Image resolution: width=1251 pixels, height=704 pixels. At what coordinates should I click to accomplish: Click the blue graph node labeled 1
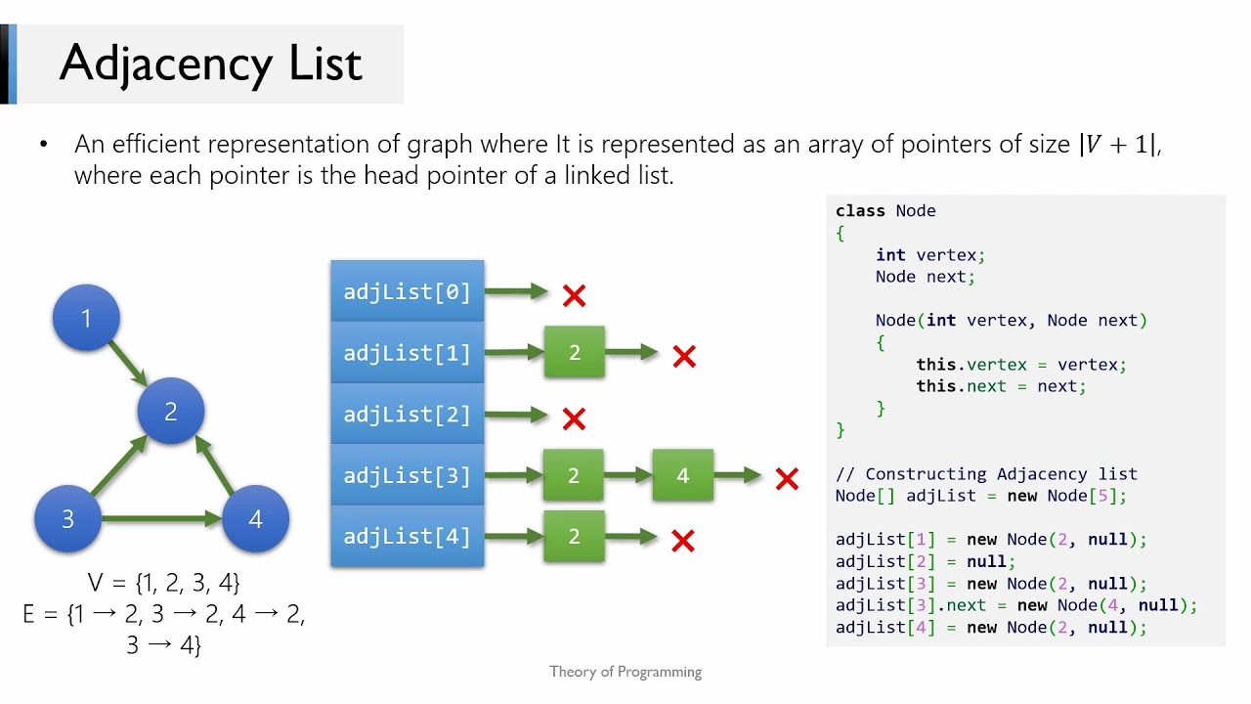[x=86, y=318]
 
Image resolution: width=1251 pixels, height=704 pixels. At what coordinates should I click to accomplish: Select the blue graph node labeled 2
[x=171, y=412]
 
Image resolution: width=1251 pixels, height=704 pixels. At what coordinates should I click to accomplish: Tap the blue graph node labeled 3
[x=67, y=518]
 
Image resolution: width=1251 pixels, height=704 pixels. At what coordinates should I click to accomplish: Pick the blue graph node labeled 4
[x=255, y=518]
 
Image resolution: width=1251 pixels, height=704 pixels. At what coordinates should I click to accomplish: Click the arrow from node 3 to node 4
[x=161, y=518]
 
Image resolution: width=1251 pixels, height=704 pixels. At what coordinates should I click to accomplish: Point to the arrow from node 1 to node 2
[x=127, y=362]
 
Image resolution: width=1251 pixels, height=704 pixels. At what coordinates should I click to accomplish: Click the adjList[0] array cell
[x=408, y=291]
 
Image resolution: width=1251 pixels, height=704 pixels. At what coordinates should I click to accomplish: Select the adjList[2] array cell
[x=408, y=414]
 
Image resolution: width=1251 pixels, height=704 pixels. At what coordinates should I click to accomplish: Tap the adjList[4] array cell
[x=408, y=536]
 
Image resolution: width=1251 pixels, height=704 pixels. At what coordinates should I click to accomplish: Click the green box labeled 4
[x=682, y=476]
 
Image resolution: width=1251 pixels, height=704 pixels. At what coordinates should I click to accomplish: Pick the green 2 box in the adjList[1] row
[x=575, y=353]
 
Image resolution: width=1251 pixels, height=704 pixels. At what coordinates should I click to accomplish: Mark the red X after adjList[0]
[x=574, y=294]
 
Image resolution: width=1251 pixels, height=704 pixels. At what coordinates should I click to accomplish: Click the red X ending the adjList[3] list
[x=787, y=479]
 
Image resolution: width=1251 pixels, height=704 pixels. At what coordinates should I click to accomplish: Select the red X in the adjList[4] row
[x=683, y=540]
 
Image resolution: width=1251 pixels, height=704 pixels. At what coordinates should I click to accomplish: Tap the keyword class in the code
[x=860, y=211]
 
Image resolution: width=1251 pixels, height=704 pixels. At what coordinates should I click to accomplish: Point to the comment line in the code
[x=986, y=474]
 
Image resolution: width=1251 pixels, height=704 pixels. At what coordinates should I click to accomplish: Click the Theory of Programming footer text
[x=625, y=672]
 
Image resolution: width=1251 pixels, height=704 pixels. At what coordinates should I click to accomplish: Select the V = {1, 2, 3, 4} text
[x=163, y=584]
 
